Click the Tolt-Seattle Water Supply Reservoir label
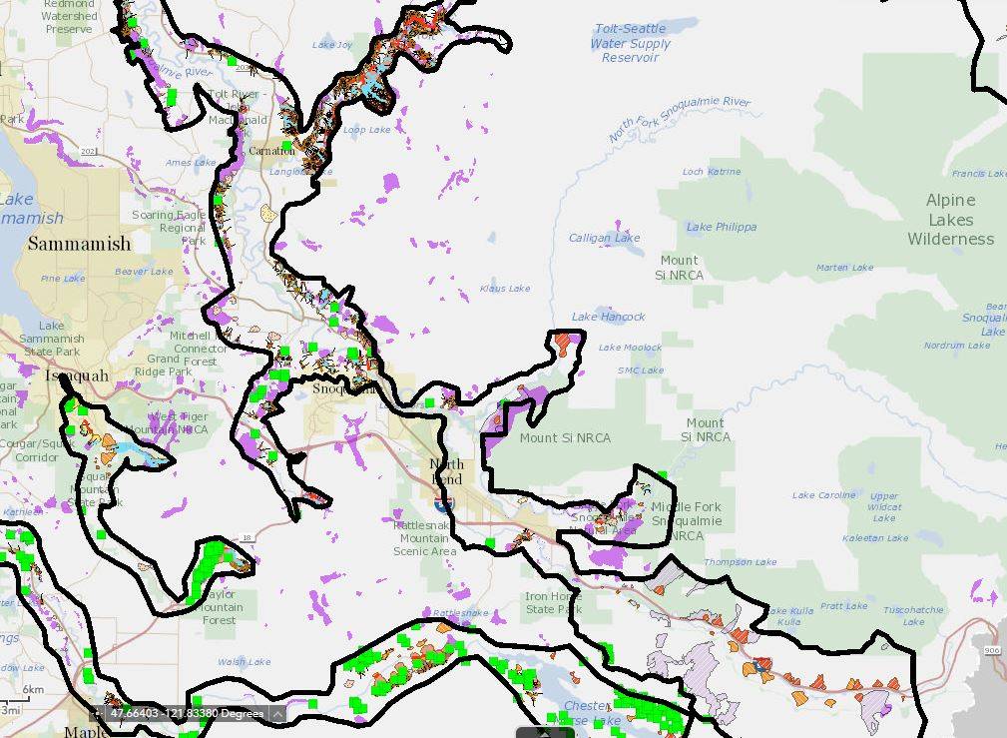[630, 43]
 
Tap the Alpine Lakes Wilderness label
[950, 220]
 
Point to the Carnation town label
[271, 151]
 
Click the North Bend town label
[446, 471]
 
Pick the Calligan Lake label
[604, 239]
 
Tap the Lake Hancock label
[608, 317]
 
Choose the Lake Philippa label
[721, 228]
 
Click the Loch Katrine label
[712, 172]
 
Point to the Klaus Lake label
[505, 289]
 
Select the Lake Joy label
[332, 45]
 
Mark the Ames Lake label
[191, 163]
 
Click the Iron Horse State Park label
[553, 603]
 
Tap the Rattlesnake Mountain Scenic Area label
[425, 538]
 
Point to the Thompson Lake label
[740, 562]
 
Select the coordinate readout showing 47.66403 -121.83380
[187, 714]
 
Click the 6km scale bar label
[33, 690]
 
